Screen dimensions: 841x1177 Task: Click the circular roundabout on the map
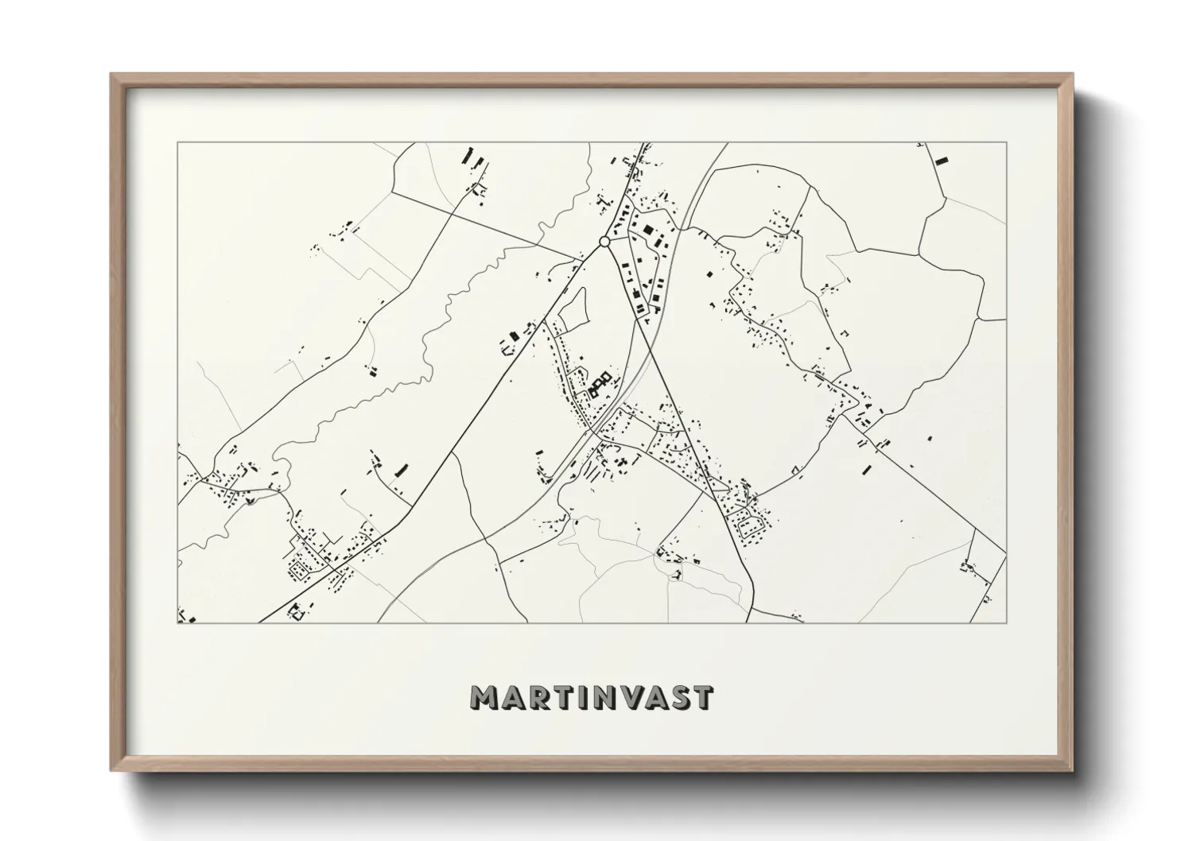coord(604,241)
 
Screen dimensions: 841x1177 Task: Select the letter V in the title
coord(631,697)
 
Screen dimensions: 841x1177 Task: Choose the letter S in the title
coord(681,697)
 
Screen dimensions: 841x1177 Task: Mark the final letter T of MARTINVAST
coord(703,697)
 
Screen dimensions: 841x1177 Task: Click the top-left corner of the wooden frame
coord(111,75)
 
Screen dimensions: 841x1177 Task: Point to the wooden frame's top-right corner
coord(1072,75)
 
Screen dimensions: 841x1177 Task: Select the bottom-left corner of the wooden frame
coord(111,769)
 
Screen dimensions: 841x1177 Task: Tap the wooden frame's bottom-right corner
coord(1072,769)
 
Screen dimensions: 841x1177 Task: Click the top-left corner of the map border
coord(177,143)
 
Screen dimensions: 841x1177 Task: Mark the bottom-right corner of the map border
coord(1006,623)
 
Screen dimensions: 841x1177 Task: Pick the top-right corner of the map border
coord(1006,143)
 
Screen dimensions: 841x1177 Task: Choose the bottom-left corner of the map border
coord(177,623)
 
